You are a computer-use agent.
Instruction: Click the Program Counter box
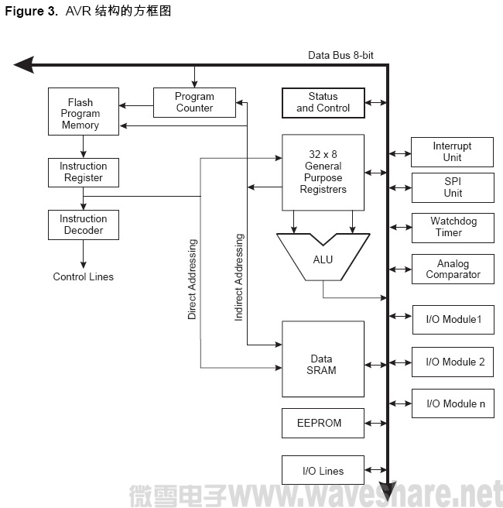coord(194,102)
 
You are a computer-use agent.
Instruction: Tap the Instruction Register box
coord(84,172)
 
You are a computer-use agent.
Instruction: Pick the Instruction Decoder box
coord(84,225)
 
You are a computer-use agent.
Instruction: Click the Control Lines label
coord(83,276)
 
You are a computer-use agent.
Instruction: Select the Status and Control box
coord(323,102)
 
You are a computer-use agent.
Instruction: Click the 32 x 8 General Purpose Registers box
coord(323,172)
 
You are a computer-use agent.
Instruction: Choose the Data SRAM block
coord(322,364)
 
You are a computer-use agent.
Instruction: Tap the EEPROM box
coord(322,424)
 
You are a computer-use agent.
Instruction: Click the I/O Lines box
coord(322,470)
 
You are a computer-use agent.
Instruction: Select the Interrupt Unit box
coord(452,152)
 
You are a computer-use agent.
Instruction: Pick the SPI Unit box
coord(452,187)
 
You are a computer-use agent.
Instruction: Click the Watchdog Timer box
coord(452,227)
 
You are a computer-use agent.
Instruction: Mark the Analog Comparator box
coord(452,269)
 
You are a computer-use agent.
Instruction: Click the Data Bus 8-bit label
coord(341,55)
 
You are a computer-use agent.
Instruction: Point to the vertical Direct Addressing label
coord(192,279)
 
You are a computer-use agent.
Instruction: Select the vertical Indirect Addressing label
coord(239,276)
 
